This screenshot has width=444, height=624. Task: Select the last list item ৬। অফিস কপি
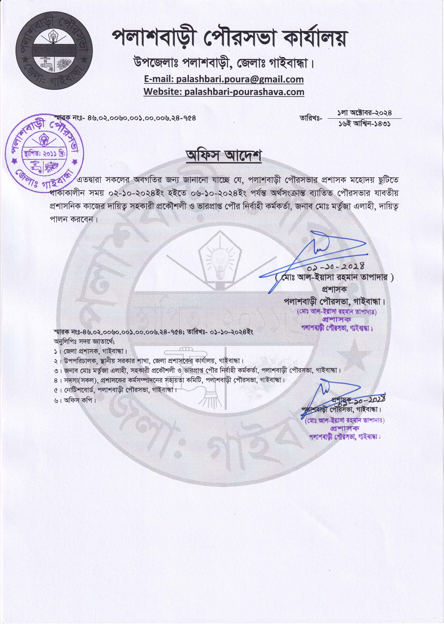[x=75, y=400]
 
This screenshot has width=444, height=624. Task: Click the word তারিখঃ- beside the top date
[x=311, y=118]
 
